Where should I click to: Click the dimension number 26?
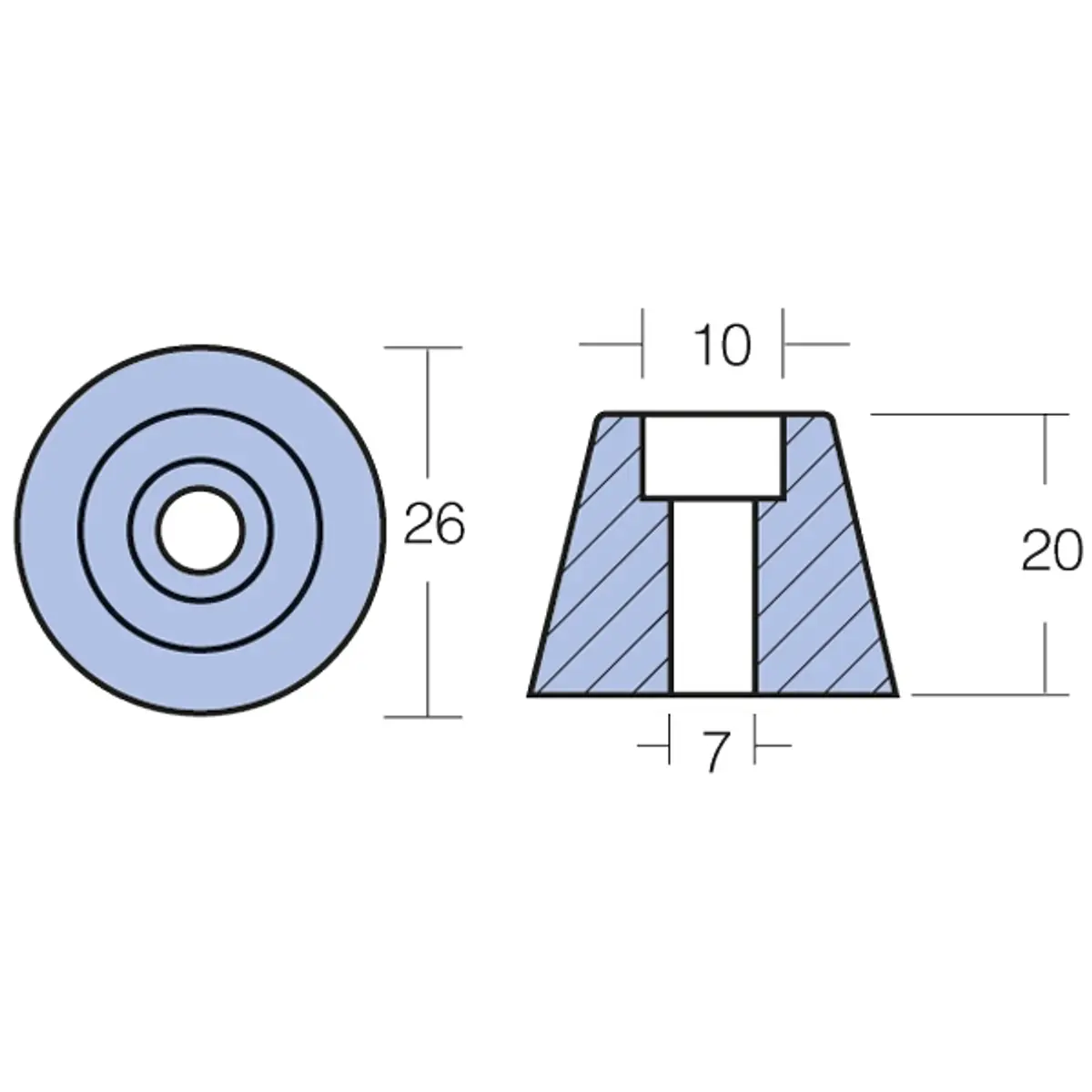pos(434,525)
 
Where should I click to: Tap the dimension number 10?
pos(722,346)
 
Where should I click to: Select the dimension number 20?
pos(1051,552)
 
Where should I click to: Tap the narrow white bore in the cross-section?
pos(713,596)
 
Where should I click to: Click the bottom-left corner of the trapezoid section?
pos(531,695)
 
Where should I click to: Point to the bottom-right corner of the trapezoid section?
pos(895,695)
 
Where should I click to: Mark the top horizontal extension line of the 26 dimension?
pos(424,348)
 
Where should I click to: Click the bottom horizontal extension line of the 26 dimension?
pos(424,717)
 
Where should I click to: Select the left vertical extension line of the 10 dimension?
pos(643,343)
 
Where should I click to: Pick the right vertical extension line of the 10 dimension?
pos(783,343)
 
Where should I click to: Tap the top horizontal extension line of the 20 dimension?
pos(969,414)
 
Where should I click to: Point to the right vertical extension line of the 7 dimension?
pos(756,740)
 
